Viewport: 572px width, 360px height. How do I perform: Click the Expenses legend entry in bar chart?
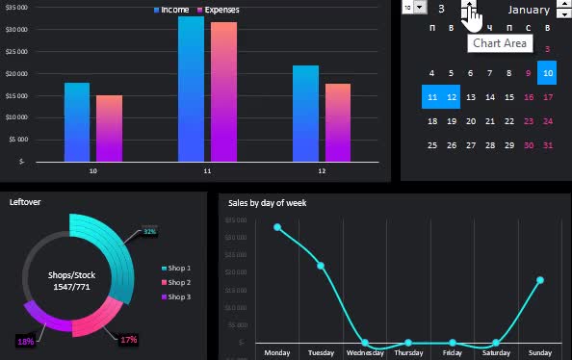click(x=217, y=10)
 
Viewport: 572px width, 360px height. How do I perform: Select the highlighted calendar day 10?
click(x=547, y=72)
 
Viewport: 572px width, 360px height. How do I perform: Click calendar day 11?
click(x=431, y=97)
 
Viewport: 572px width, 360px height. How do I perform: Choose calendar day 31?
click(x=547, y=145)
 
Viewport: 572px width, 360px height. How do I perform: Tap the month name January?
click(x=528, y=10)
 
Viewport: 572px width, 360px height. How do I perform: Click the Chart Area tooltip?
click(x=499, y=43)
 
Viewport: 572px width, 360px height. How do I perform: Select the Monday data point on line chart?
click(x=277, y=227)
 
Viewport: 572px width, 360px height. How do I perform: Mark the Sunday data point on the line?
click(x=540, y=280)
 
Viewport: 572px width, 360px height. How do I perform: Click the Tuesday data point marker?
click(x=321, y=266)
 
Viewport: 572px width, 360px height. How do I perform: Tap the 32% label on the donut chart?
click(x=149, y=231)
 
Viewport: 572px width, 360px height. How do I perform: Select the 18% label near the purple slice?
click(x=25, y=341)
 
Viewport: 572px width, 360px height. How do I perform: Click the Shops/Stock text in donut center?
click(x=71, y=274)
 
